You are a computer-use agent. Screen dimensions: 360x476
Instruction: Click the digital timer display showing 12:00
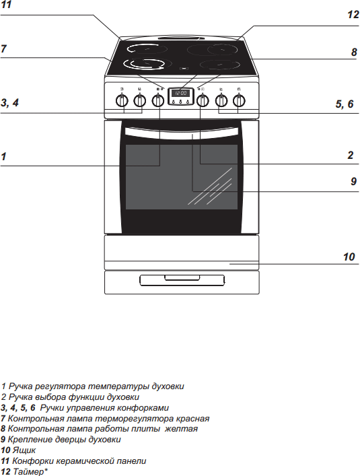coord(180,93)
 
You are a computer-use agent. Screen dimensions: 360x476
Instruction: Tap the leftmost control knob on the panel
coord(122,100)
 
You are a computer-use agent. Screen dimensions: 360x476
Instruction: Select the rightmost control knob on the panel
coord(240,100)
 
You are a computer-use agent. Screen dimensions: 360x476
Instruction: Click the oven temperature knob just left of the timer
coord(157,100)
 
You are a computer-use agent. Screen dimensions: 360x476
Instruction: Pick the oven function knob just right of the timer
coord(203,100)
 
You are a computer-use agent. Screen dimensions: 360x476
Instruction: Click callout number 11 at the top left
coord(6,5)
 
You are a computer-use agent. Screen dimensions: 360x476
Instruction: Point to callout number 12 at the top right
coord(353,14)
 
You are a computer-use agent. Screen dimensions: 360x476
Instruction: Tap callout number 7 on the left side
coord(3,48)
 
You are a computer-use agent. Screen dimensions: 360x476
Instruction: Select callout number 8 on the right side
coord(354,53)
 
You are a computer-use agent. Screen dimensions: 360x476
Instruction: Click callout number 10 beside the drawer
coord(349,257)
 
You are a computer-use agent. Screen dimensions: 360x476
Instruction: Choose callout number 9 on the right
coord(354,181)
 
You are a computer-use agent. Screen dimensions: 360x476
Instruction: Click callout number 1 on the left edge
coord(3,157)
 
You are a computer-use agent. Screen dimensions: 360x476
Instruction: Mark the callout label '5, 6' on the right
coord(345,104)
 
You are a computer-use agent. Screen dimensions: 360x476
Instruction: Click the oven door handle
coord(182,133)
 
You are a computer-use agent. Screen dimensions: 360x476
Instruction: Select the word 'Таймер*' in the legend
coord(30,472)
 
